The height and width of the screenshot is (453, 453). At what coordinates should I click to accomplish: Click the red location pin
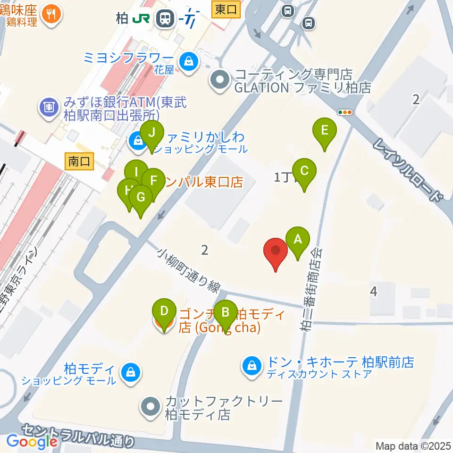(x=276, y=253)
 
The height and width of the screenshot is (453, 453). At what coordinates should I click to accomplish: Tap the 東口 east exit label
(x=226, y=9)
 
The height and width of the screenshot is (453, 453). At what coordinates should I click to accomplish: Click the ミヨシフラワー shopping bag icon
(x=189, y=61)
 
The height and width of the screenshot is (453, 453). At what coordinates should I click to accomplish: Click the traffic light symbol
(x=345, y=112)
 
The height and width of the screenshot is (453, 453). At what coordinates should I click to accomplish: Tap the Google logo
(x=32, y=442)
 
